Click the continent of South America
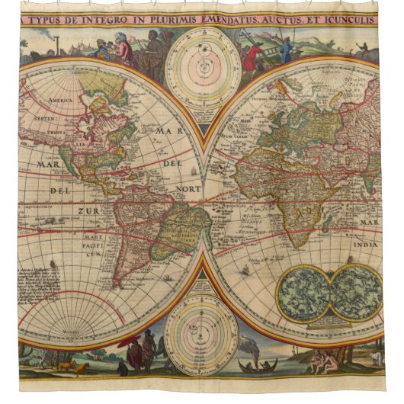pos(179,229)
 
